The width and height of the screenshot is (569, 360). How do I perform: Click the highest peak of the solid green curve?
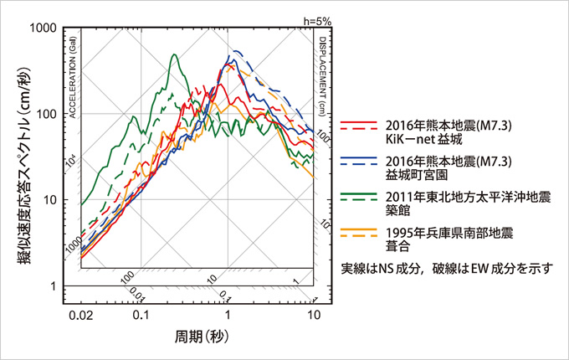pos(174,55)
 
